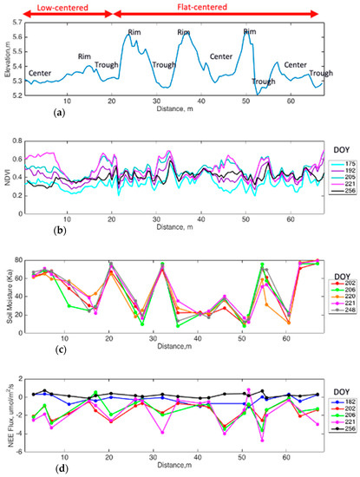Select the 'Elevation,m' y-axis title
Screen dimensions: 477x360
click(x=6, y=58)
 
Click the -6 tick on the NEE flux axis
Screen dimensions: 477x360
click(x=17, y=448)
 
